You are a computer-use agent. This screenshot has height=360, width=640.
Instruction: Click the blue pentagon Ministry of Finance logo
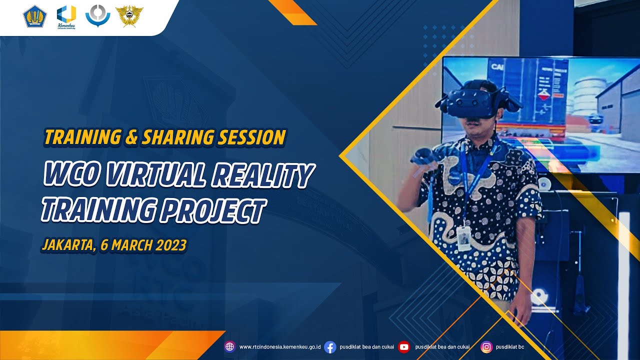(34, 16)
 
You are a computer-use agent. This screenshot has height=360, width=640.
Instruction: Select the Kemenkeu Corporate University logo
(66, 16)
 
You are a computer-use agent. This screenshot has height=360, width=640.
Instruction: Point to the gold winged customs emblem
(129, 16)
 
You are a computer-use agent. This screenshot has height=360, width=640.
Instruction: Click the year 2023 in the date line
(171, 245)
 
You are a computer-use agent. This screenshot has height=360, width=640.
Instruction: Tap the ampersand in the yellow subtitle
(131, 137)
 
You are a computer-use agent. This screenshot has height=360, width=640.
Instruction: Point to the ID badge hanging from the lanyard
(464, 238)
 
